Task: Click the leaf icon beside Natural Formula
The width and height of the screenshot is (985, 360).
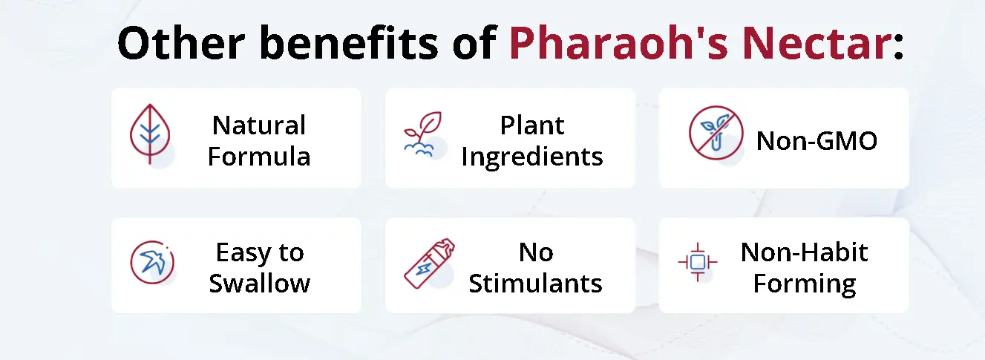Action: [x=151, y=134]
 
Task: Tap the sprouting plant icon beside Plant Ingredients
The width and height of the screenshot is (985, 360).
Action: [x=423, y=134]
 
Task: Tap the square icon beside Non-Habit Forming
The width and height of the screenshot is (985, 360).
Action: [x=697, y=262]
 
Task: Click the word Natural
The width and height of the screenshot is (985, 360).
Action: [x=259, y=125]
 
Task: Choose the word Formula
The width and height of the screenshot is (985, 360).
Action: [x=259, y=157]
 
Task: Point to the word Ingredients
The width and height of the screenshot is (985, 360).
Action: [x=532, y=157]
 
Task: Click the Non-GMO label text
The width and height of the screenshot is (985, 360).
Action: [x=817, y=140]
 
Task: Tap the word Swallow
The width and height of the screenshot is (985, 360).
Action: [x=259, y=284]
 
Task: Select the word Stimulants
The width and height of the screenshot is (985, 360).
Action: [x=535, y=284]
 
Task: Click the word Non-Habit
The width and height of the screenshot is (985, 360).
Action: [x=804, y=252]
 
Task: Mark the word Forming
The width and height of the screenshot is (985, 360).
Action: [x=805, y=284]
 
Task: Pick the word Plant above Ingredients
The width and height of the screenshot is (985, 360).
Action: [x=532, y=125]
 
